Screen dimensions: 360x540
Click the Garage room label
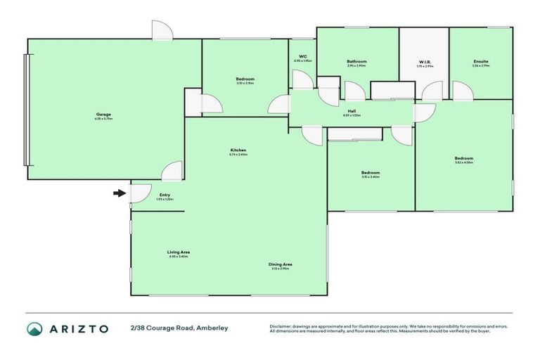tap(103, 115)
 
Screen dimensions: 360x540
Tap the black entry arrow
tap(120, 192)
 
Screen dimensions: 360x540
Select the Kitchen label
tap(238, 150)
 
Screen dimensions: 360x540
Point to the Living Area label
tap(179, 252)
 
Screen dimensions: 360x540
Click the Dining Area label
tap(280, 264)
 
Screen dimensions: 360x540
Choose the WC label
tap(302, 56)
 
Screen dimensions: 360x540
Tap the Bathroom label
tap(356, 62)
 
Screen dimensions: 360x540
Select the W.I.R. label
tap(425, 62)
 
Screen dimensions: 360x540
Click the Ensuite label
tap(481, 62)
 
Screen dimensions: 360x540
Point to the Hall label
tap(351, 110)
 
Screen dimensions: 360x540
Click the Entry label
tap(165, 195)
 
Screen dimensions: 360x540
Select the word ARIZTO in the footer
tap(79, 328)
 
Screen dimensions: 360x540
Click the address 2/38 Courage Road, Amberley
tap(179, 328)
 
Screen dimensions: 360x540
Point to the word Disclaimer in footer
tap(281, 326)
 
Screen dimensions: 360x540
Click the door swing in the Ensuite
tap(461, 91)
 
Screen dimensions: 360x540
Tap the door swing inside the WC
tap(302, 79)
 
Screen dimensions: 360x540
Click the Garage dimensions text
tap(103, 120)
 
